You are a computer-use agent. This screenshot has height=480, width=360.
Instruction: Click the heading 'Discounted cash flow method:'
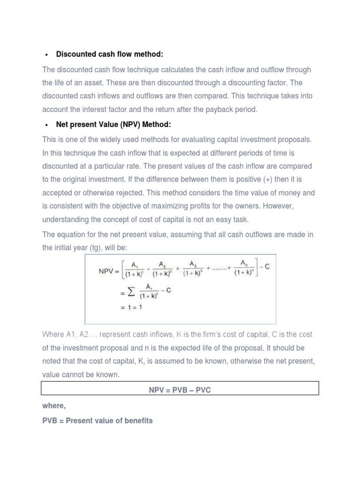coord(109,54)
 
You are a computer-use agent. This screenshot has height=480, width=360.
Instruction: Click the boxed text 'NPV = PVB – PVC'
coord(180,390)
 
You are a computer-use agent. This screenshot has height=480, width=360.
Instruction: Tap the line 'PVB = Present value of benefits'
coord(97,420)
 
